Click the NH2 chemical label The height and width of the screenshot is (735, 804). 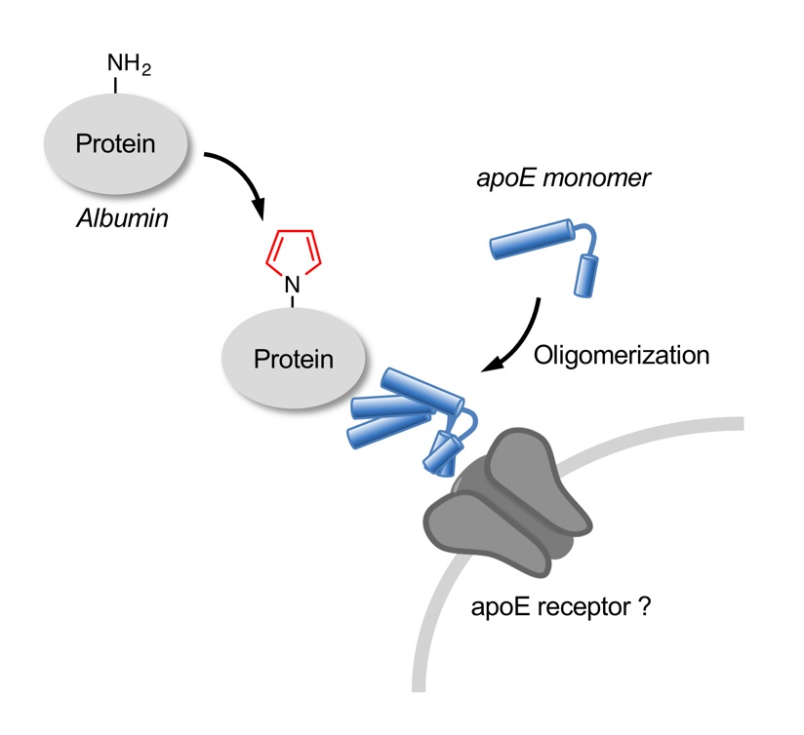coord(129,64)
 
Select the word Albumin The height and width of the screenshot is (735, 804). coord(123,218)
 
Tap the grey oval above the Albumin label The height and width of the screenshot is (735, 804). coord(116,144)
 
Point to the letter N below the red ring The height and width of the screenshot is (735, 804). coord(293,285)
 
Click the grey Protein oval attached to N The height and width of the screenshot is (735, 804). coord(294,359)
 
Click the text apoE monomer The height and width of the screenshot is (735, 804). coord(564,178)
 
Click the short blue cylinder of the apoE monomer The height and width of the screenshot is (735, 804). coord(586,276)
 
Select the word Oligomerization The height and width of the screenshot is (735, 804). coord(622,356)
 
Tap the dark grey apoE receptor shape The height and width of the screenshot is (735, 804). coord(507,503)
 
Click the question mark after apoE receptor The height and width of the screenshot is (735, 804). coord(645,606)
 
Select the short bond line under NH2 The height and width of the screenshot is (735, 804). coord(115,86)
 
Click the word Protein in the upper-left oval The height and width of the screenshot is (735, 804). coord(115,144)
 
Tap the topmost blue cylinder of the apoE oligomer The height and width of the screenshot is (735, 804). coord(422,391)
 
